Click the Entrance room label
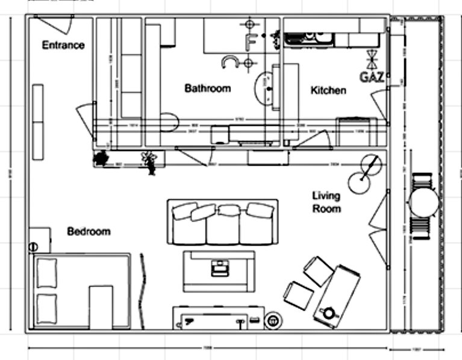(x=63, y=45)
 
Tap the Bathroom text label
(x=207, y=88)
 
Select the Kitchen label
(x=328, y=91)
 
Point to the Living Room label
(x=326, y=202)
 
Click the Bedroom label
(x=89, y=231)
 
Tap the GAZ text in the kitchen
(x=372, y=77)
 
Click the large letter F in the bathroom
(x=251, y=42)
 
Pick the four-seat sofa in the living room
(x=222, y=222)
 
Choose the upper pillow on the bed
(x=46, y=273)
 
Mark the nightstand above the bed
(x=39, y=240)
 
